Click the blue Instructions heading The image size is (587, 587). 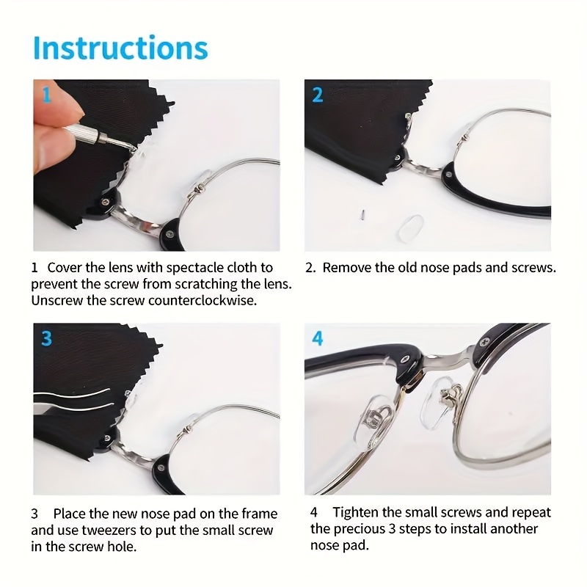point(120,48)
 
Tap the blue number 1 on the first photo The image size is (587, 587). point(46,95)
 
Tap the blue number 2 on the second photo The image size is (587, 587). point(318,95)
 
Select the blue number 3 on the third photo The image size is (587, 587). point(46,338)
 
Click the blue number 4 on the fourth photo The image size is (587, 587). point(318,338)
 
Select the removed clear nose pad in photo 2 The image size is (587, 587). point(411,227)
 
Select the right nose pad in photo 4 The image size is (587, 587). point(439,404)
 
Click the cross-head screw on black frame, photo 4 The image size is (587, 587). point(484,340)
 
